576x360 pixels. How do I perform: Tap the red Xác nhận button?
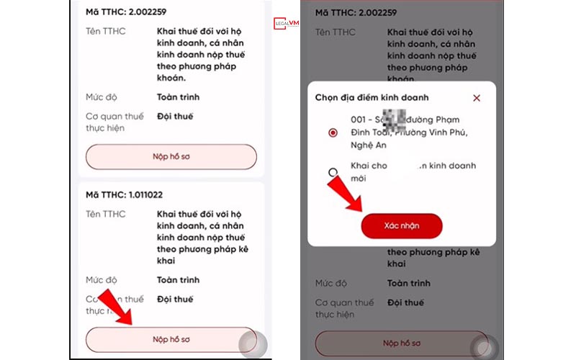pyautogui.click(x=401, y=226)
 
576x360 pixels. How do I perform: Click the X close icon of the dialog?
pyautogui.click(x=476, y=98)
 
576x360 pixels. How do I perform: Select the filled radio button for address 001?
pyautogui.click(x=332, y=132)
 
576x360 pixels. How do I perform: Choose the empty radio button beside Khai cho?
pyautogui.click(x=332, y=172)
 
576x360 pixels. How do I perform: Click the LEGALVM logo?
pyautogui.click(x=286, y=23)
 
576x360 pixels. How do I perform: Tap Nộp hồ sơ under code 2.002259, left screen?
pyautogui.click(x=171, y=156)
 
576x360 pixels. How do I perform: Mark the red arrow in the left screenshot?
pyautogui.click(x=115, y=307)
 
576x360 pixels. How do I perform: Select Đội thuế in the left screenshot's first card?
pyautogui.click(x=175, y=116)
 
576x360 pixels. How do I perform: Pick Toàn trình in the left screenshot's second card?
pyautogui.click(x=178, y=279)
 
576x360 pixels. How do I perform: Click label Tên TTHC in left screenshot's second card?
pyautogui.click(x=105, y=214)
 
